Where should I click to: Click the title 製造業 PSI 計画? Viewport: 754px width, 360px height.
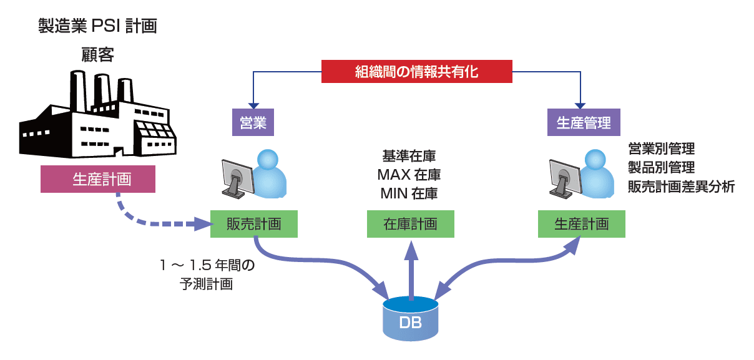click(x=97, y=26)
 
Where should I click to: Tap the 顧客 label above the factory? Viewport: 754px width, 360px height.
click(x=97, y=55)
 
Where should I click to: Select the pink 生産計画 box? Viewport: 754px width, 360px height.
click(x=97, y=179)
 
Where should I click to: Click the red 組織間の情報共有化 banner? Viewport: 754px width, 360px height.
click(x=416, y=71)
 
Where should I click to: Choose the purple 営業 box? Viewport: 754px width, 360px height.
click(x=253, y=122)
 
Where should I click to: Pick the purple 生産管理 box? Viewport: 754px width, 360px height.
click(x=584, y=122)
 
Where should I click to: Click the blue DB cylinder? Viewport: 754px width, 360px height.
click(x=410, y=319)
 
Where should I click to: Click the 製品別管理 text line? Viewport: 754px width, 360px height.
click(x=662, y=167)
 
